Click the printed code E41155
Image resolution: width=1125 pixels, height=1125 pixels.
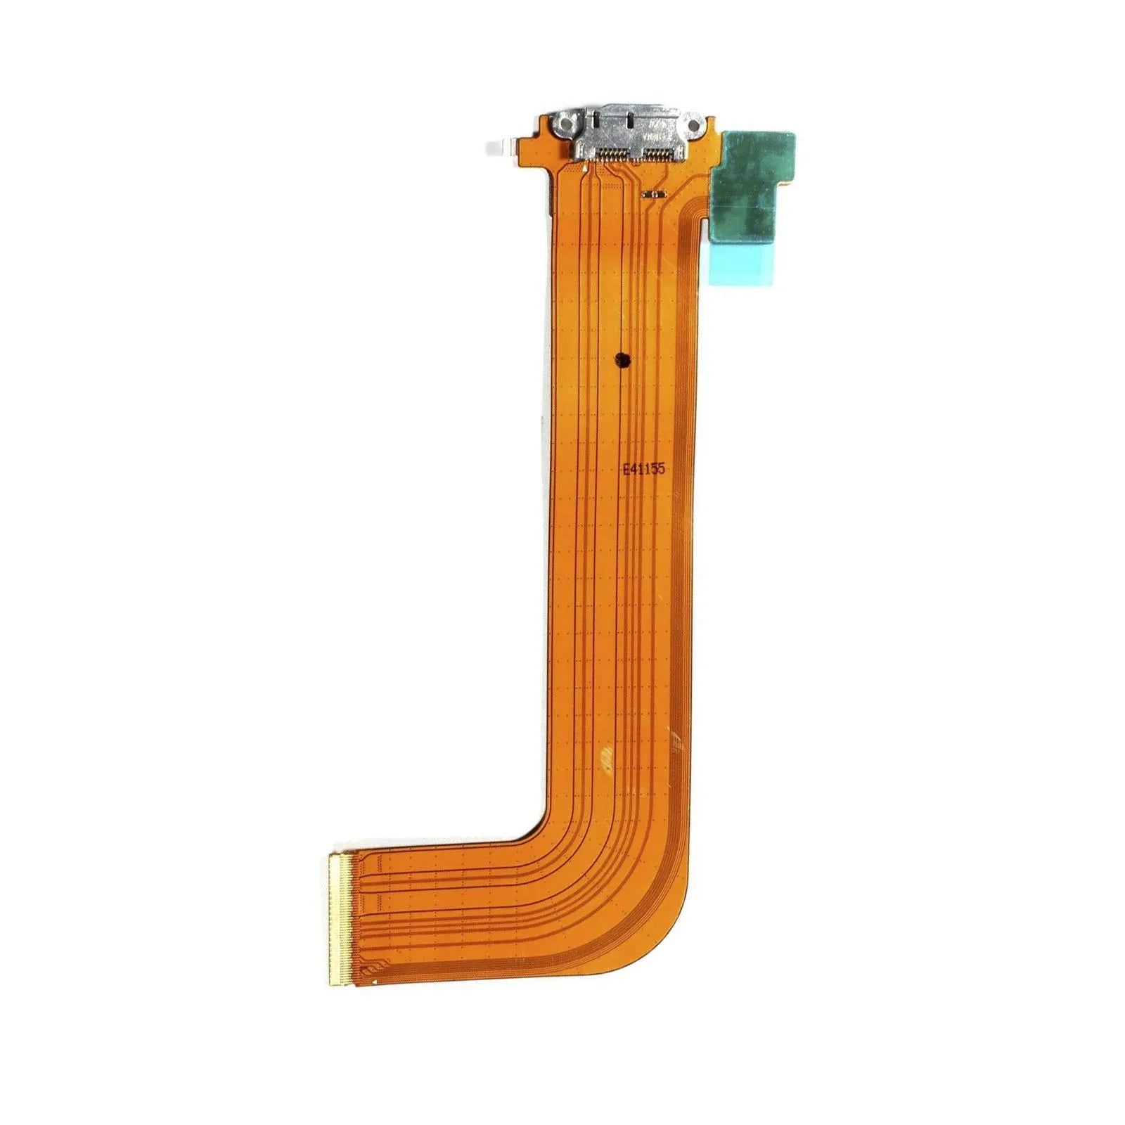643,469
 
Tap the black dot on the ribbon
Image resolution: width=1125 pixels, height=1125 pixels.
622,361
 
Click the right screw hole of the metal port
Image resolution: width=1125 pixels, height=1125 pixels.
693,126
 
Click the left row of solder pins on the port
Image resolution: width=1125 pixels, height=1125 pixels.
612,152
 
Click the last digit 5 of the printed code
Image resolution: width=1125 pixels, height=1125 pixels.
660,469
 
